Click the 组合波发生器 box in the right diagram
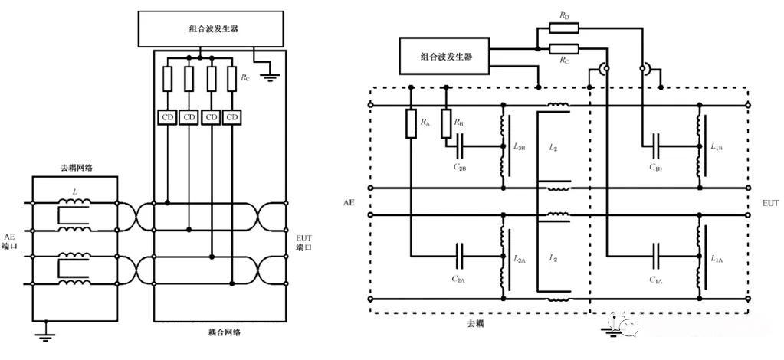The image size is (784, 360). click(445, 56)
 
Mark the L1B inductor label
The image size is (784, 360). click(717, 146)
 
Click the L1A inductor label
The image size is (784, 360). click(717, 259)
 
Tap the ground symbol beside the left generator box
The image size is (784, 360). click(270, 74)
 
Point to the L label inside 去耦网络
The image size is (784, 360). click(74, 189)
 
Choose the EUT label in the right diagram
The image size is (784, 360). click(769, 203)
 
